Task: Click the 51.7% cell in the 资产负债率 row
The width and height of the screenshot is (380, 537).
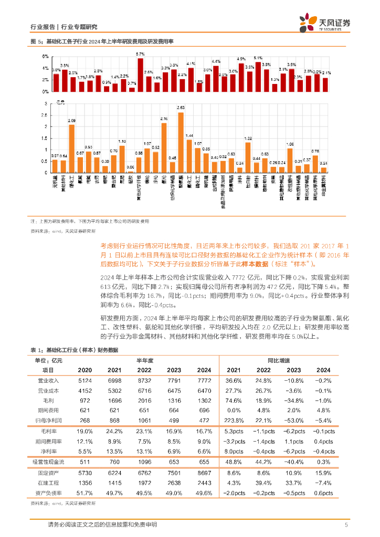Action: pyautogui.click(x=85, y=493)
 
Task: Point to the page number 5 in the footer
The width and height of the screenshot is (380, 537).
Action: pyautogui.click(x=346, y=525)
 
